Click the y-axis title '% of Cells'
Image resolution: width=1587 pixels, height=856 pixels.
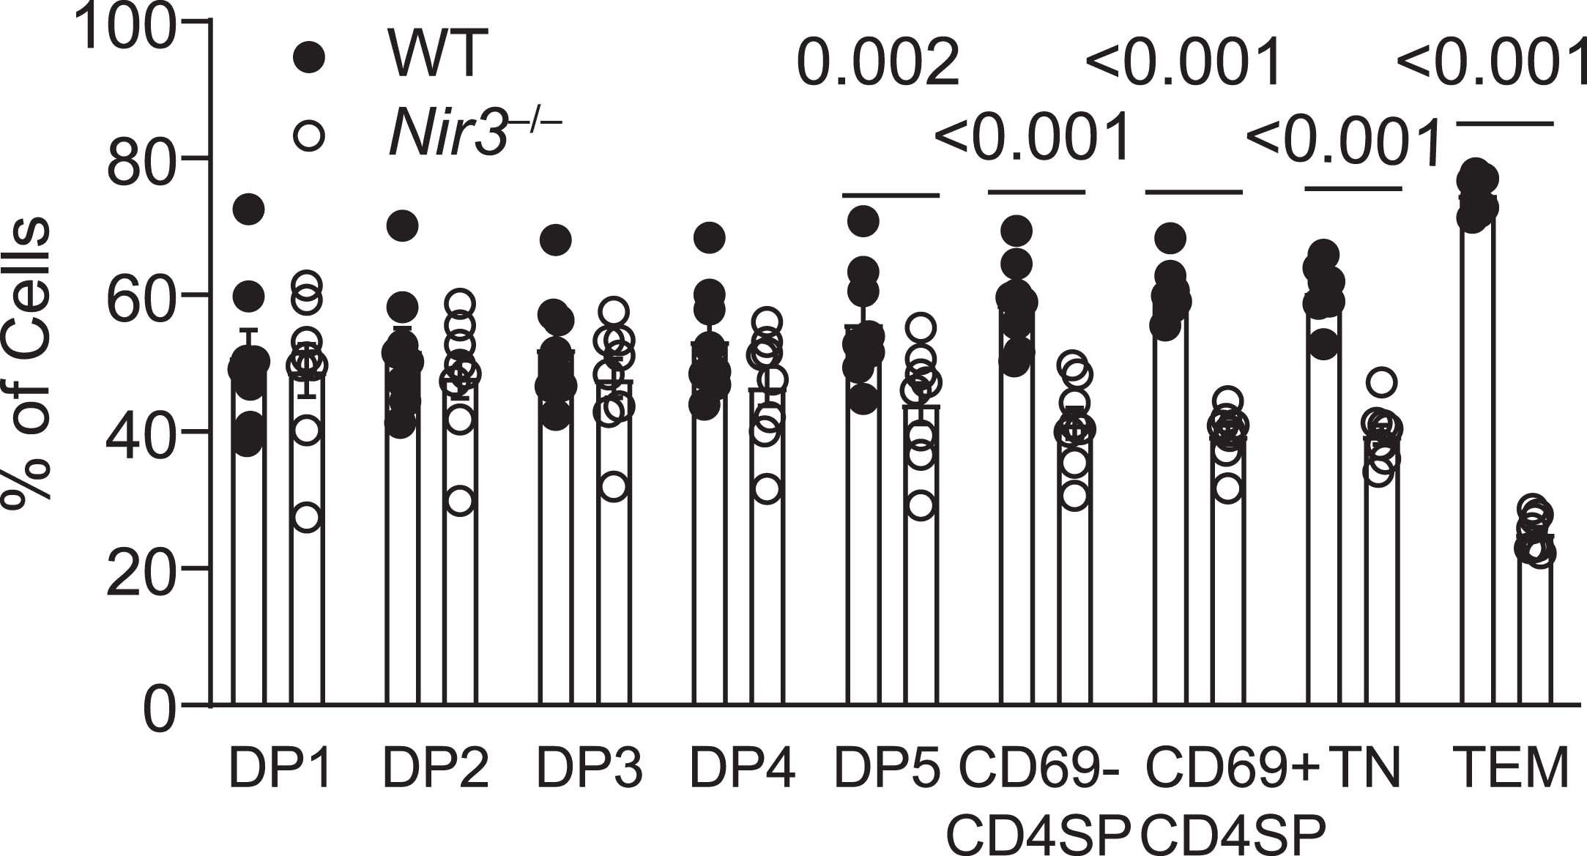coord(28,359)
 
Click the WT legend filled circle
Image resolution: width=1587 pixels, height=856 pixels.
coord(308,57)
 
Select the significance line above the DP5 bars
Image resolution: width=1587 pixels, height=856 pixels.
coord(891,195)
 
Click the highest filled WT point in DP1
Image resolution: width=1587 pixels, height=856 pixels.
coord(248,209)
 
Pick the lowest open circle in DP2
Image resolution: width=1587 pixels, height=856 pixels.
coord(460,502)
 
